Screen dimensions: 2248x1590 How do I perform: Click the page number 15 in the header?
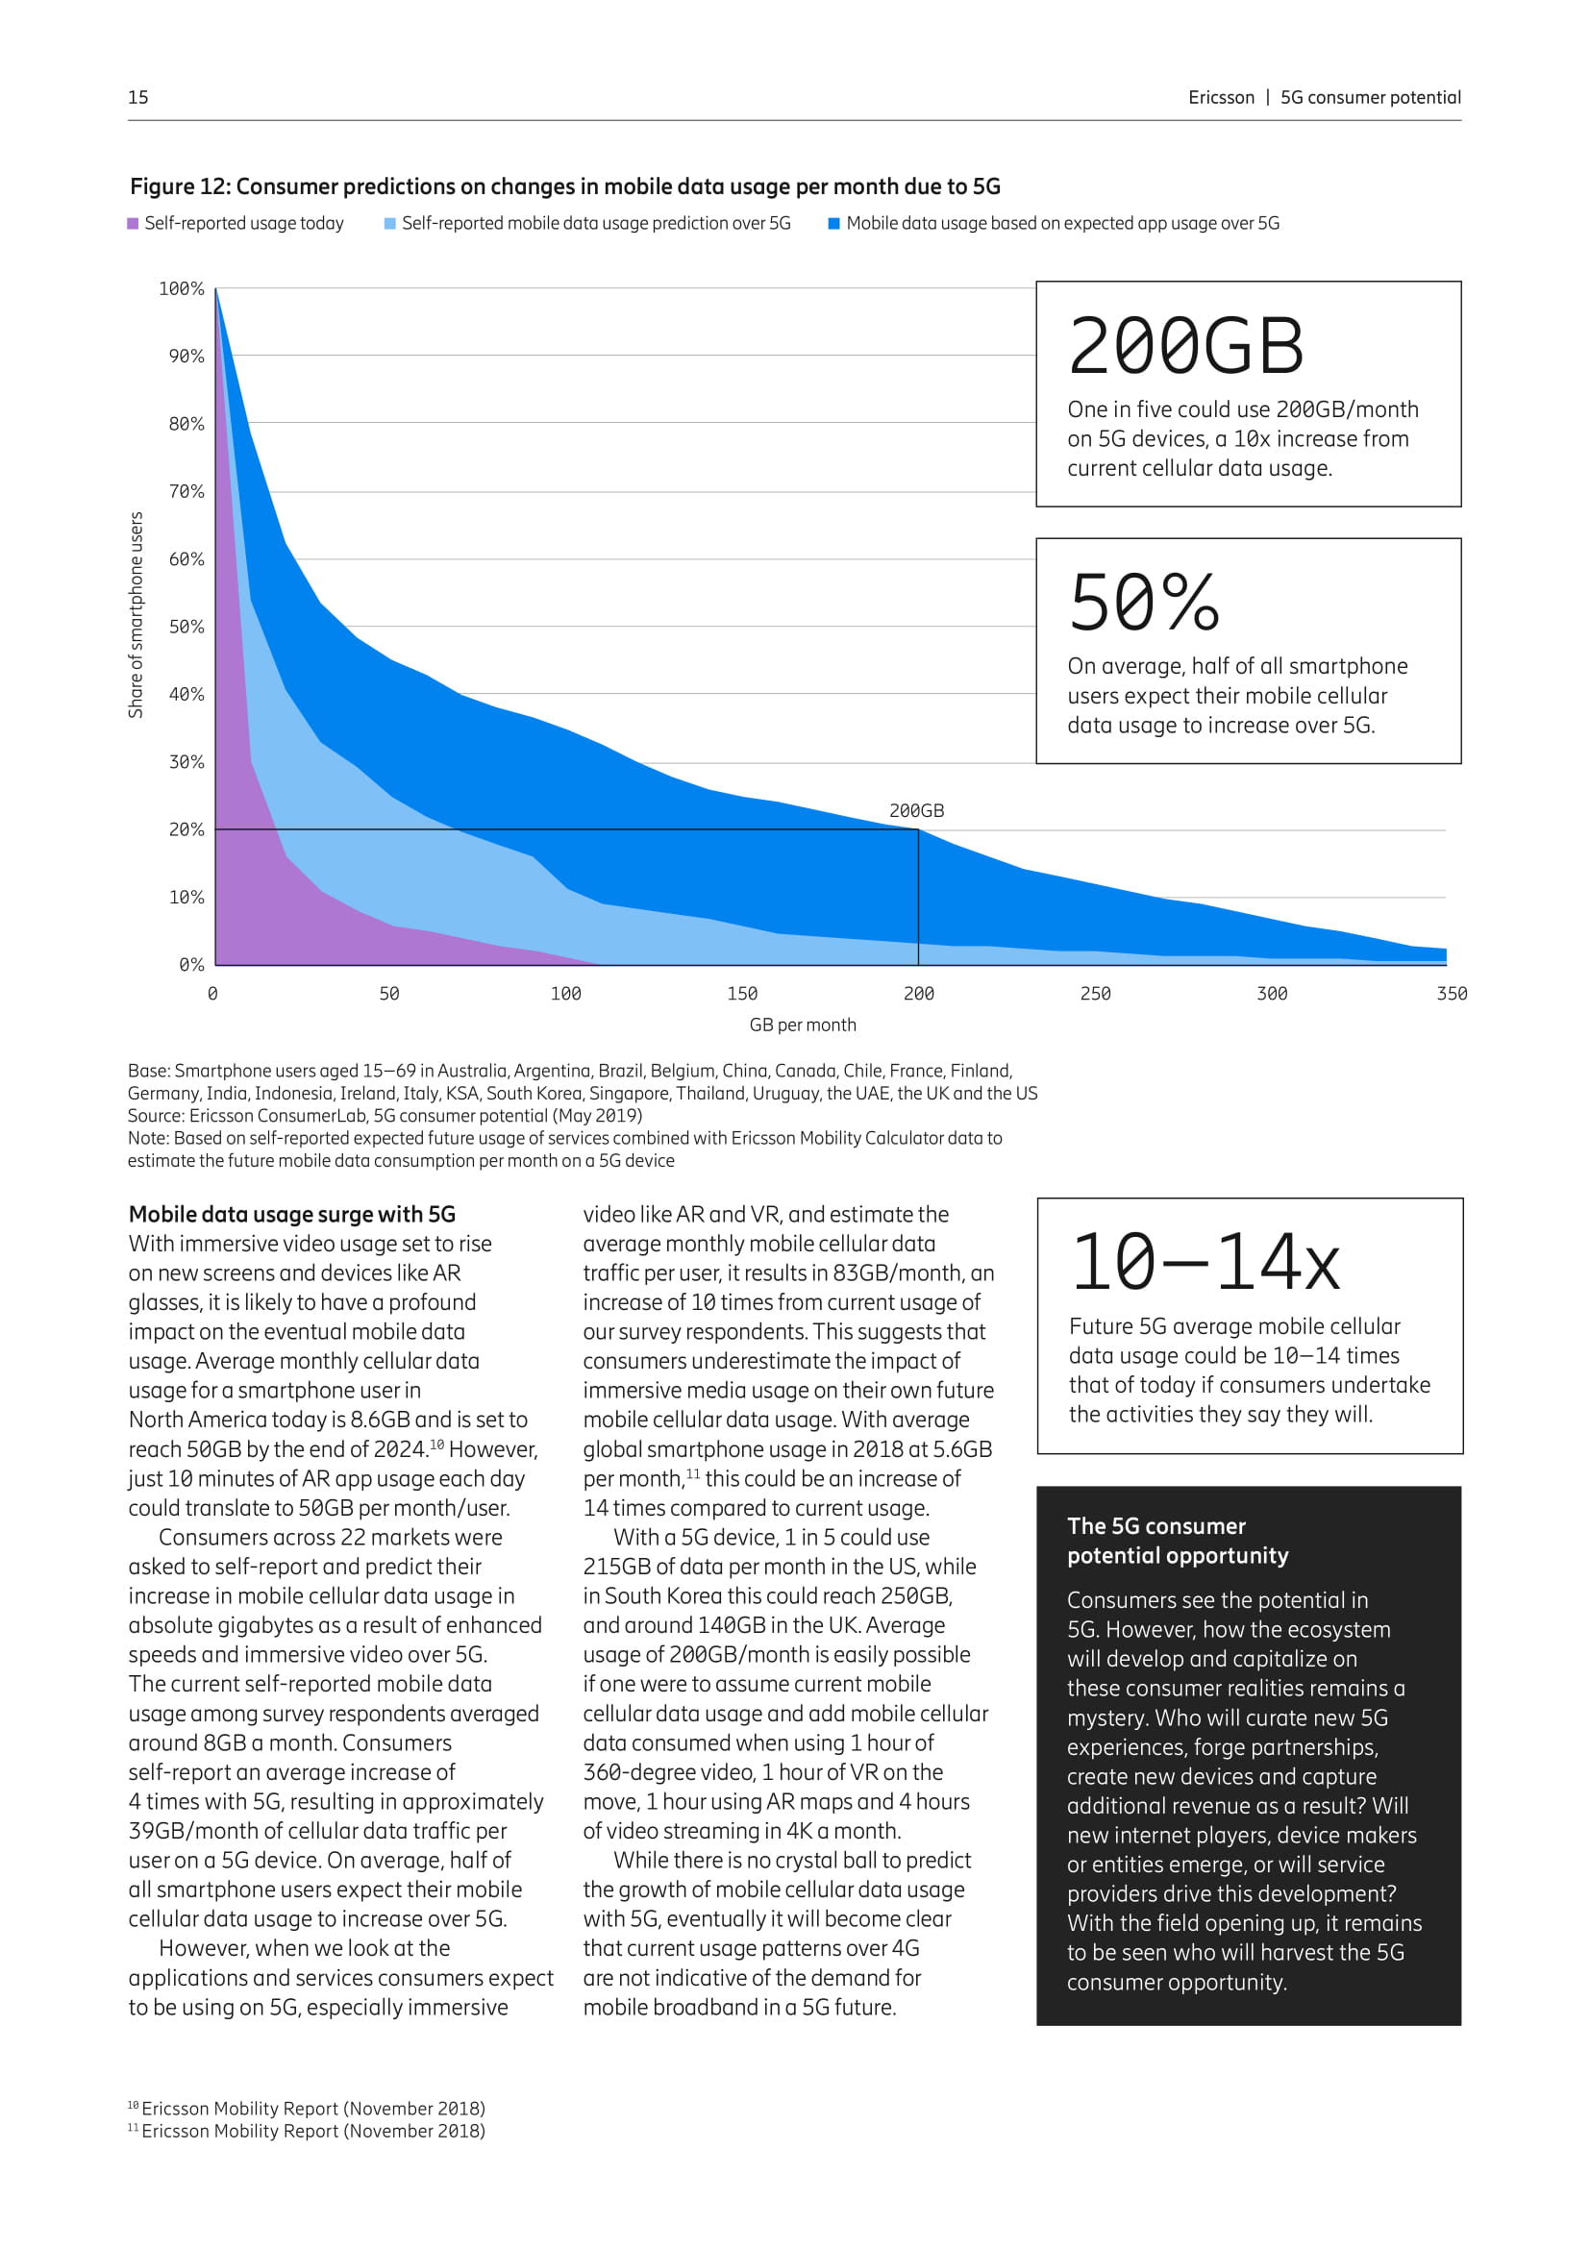click(138, 97)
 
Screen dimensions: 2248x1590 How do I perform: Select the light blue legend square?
click(390, 223)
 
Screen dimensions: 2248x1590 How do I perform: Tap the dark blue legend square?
click(834, 223)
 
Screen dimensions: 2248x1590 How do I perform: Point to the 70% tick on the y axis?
click(186, 491)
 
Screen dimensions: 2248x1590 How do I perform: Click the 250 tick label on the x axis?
click(1095, 994)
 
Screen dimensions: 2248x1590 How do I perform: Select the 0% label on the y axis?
click(191, 964)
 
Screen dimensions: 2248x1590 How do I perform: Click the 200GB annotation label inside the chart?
click(916, 811)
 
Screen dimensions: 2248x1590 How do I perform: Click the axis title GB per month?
click(802, 1025)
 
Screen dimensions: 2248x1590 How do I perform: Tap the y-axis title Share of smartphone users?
click(137, 615)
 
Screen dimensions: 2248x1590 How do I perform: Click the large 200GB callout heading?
click(1185, 347)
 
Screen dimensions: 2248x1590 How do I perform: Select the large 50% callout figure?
click(1144, 603)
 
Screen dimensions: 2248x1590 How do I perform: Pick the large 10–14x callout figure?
click(1205, 1263)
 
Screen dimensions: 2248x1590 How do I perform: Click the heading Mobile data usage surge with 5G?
click(292, 1214)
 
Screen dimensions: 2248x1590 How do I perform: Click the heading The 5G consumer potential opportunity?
click(1177, 1540)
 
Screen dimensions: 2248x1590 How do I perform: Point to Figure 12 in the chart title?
click(179, 186)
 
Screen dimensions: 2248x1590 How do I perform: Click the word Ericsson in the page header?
click(1221, 97)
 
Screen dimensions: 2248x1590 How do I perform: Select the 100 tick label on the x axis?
click(566, 994)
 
